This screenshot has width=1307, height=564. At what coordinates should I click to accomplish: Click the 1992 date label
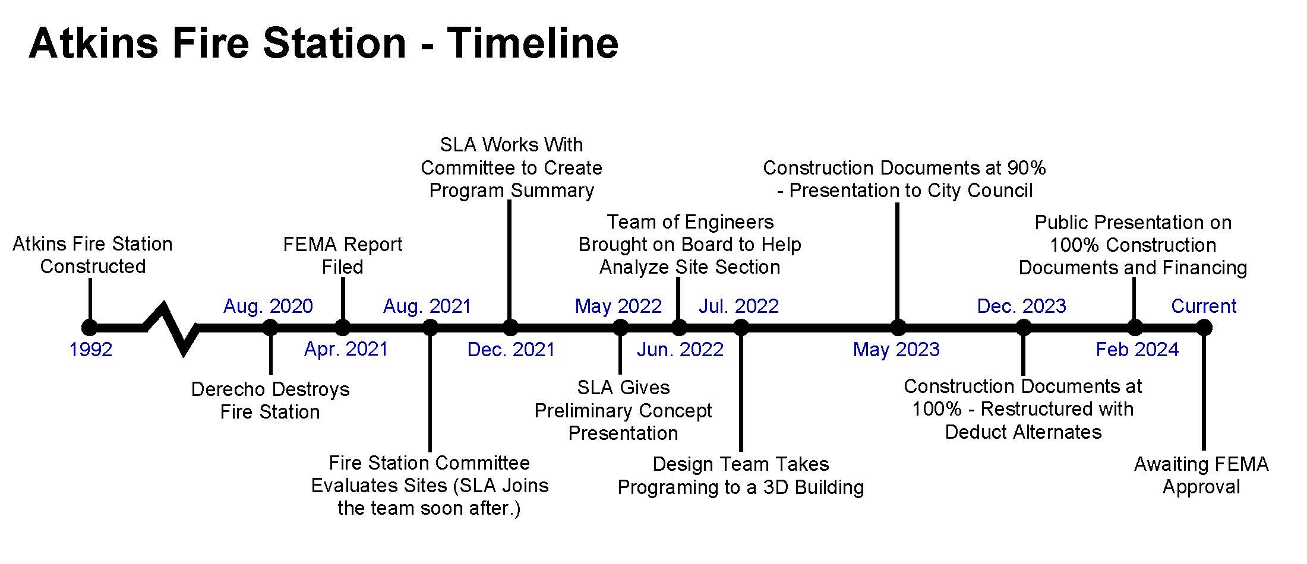coord(91,349)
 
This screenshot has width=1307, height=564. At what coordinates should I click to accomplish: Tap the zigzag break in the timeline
coord(172,328)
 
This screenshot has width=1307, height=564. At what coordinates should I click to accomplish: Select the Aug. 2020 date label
coord(268,306)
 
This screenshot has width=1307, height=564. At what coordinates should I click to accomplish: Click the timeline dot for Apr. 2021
coord(343,328)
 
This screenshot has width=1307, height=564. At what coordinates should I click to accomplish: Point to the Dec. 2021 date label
coord(511,349)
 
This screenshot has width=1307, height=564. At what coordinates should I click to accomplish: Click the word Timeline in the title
coord(533,43)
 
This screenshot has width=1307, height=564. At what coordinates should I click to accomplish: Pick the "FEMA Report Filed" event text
coord(343,255)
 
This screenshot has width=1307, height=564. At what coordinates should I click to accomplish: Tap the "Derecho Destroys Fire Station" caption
coord(270,400)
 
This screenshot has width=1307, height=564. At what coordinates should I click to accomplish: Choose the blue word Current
coord(1204,306)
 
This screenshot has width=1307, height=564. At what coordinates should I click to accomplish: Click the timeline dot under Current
coord(1204,328)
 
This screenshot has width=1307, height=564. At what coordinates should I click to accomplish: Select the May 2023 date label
coord(896,349)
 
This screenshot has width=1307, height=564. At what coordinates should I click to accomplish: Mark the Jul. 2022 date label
coord(738,306)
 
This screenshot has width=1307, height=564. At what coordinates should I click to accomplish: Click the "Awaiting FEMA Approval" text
coord(1201,475)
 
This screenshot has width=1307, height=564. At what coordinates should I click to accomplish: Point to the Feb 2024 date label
coord(1137,349)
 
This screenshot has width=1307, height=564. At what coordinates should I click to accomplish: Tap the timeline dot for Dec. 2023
coord(1023,328)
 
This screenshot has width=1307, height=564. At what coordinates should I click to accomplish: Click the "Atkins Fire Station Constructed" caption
coord(93,255)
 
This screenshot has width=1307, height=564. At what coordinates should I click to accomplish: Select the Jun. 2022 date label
coord(680,349)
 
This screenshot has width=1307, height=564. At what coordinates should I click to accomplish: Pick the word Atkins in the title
coord(93,43)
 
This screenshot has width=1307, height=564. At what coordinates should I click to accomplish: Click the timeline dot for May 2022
coord(620,328)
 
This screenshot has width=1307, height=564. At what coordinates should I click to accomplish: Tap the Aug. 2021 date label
coord(427,306)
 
